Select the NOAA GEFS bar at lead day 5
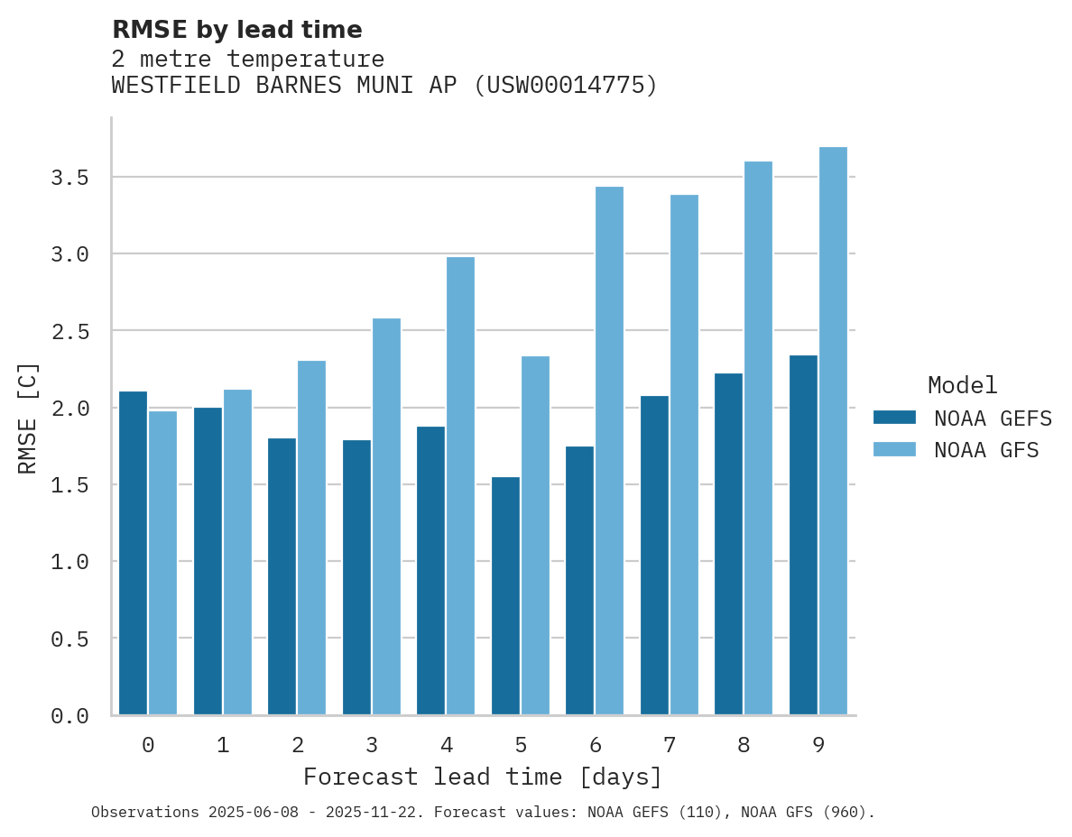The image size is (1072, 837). (505, 595)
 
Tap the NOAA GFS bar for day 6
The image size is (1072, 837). (609, 450)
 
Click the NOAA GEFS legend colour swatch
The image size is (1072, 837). (893, 418)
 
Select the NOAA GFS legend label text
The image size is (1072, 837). (986, 450)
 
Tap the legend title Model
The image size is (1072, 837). (962, 385)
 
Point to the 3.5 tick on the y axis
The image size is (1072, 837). (70, 178)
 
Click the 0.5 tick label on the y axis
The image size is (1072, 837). (70, 639)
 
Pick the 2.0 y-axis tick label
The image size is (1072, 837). (70, 409)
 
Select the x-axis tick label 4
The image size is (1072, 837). (447, 745)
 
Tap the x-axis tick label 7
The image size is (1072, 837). (670, 745)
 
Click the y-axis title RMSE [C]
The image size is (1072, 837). (28, 418)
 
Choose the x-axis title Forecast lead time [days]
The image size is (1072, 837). (483, 777)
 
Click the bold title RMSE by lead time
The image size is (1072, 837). (236, 30)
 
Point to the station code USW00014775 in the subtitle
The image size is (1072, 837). (566, 86)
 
